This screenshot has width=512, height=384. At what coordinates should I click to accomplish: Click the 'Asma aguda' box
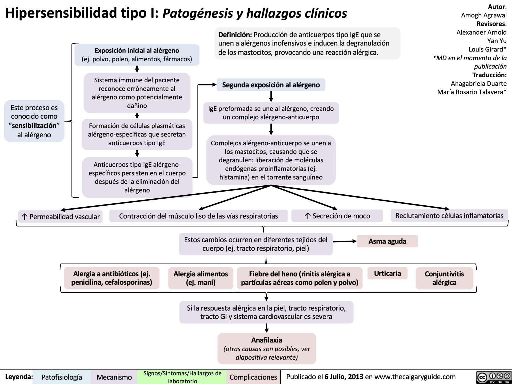pyautogui.click(x=387, y=241)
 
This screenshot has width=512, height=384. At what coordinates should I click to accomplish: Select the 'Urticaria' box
pyautogui.click(x=387, y=273)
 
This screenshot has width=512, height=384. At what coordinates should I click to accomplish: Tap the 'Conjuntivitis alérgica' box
pyautogui.click(x=444, y=278)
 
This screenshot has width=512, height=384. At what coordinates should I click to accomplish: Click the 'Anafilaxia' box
pyautogui.click(x=266, y=348)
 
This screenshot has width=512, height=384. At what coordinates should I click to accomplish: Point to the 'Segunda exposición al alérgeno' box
pyautogui.click(x=271, y=85)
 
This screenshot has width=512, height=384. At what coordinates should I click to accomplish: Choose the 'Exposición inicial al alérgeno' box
pyautogui.click(x=137, y=55)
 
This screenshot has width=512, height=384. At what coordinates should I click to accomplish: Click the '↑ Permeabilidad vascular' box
pyautogui.click(x=60, y=217)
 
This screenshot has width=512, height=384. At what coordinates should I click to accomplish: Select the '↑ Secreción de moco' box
pyautogui.click(x=337, y=216)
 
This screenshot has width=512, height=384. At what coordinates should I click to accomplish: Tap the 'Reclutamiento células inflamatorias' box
pyautogui.click(x=449, y=216)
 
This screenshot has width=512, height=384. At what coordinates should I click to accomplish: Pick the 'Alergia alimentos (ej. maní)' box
pyautogui.click(x=201, y=278)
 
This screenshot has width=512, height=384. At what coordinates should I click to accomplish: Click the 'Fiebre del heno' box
pyautogui.click(x=299, y=278)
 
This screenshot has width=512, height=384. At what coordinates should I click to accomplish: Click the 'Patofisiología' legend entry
pyautogui.click(x=62, y=377)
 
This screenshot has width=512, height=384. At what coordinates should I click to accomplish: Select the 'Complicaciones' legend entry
pyautogui.click(x=253, y=377)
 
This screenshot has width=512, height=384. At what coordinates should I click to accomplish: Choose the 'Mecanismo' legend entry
pyautogui.click(x=114, y=377)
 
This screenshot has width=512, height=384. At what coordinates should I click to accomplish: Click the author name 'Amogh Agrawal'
pyautogui.click(x=484, y=15)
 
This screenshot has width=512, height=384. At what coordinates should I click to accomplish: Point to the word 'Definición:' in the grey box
pyautogui.click(x=235, y=35)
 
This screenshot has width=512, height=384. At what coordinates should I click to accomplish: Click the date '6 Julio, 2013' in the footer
pyautogui.click(x=344, y=377)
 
